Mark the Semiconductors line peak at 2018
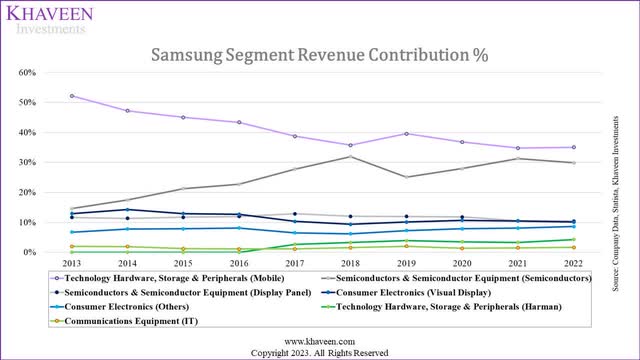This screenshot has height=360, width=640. pyautogui.click(x=349, y=156)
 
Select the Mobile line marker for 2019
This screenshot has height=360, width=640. pyautogui.click(x=405, y=133)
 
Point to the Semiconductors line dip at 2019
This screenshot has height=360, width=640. pyautogui.click(x=405, y=177)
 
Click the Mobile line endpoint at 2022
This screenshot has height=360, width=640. pyautogui.click(x=572, y=147)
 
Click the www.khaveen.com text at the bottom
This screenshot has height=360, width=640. pyautogui.click(x=320, y=340)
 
